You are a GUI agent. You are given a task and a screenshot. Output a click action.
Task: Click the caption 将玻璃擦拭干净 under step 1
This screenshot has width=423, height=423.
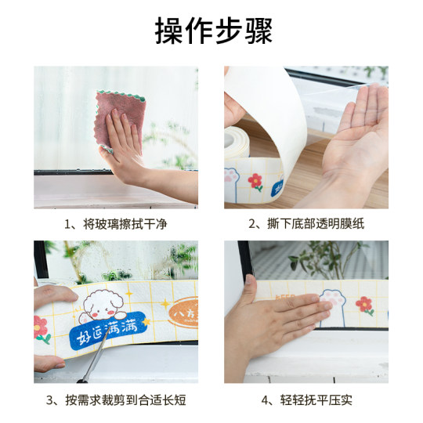click(x=115, y=224)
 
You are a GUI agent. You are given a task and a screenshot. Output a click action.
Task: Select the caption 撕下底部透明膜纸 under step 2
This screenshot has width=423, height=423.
click(x=306, y=224)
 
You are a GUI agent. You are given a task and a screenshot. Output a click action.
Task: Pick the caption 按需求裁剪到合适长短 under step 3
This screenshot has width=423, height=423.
click(x=115, y=400)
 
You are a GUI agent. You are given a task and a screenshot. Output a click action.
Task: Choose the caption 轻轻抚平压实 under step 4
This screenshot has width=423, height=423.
click(x=306, y=400)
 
